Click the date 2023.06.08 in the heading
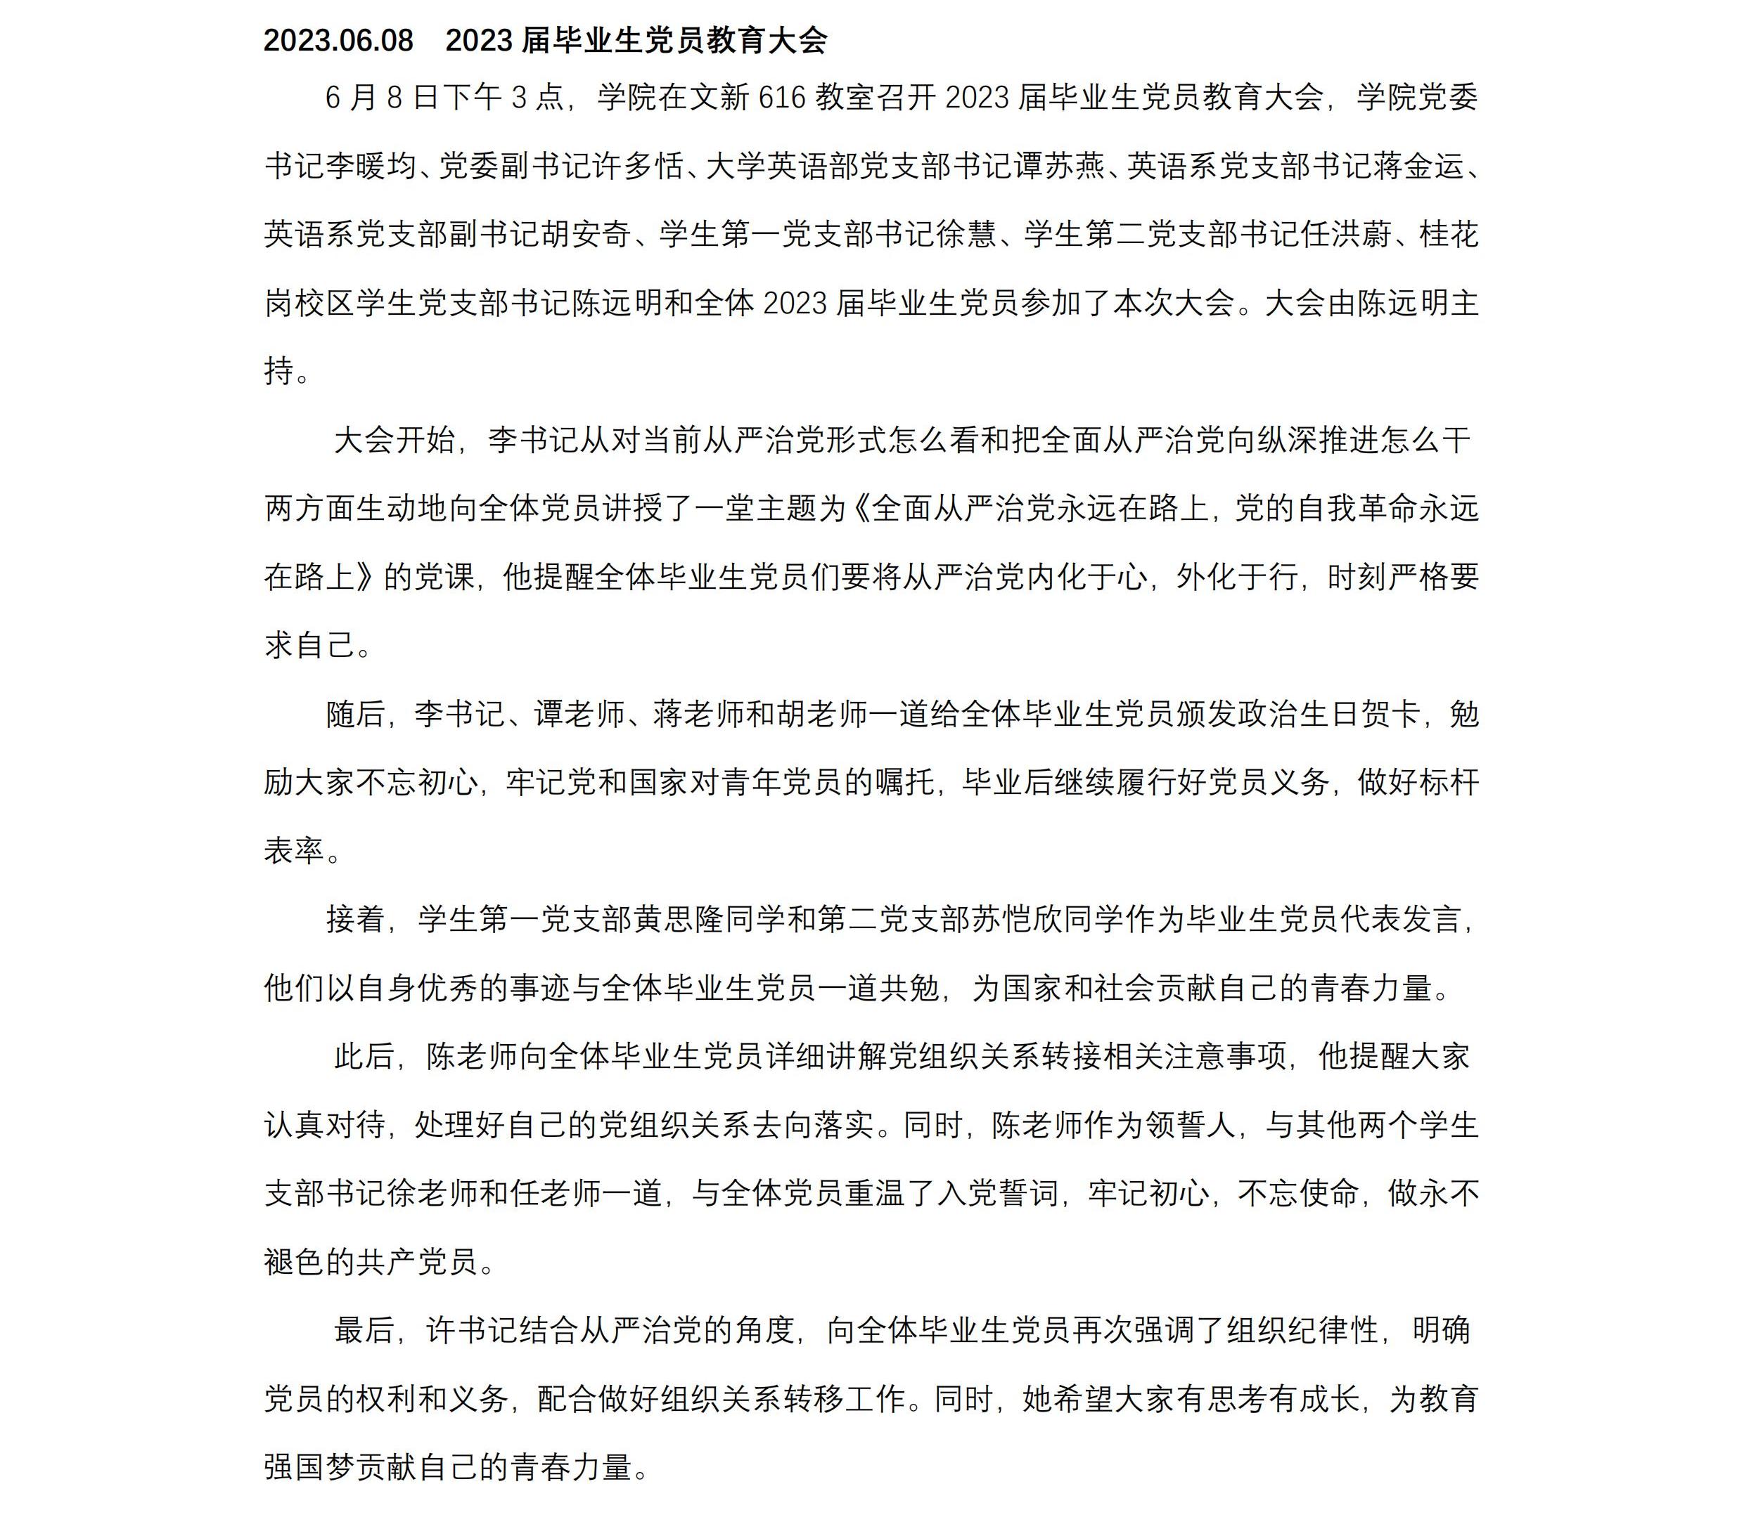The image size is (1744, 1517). click(x=338, y=41)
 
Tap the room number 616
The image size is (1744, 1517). click(x=781, y=98)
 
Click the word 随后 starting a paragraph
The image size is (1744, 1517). click(x=356, y=715)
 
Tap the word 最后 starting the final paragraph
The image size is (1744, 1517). click(x=364, y=1332)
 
